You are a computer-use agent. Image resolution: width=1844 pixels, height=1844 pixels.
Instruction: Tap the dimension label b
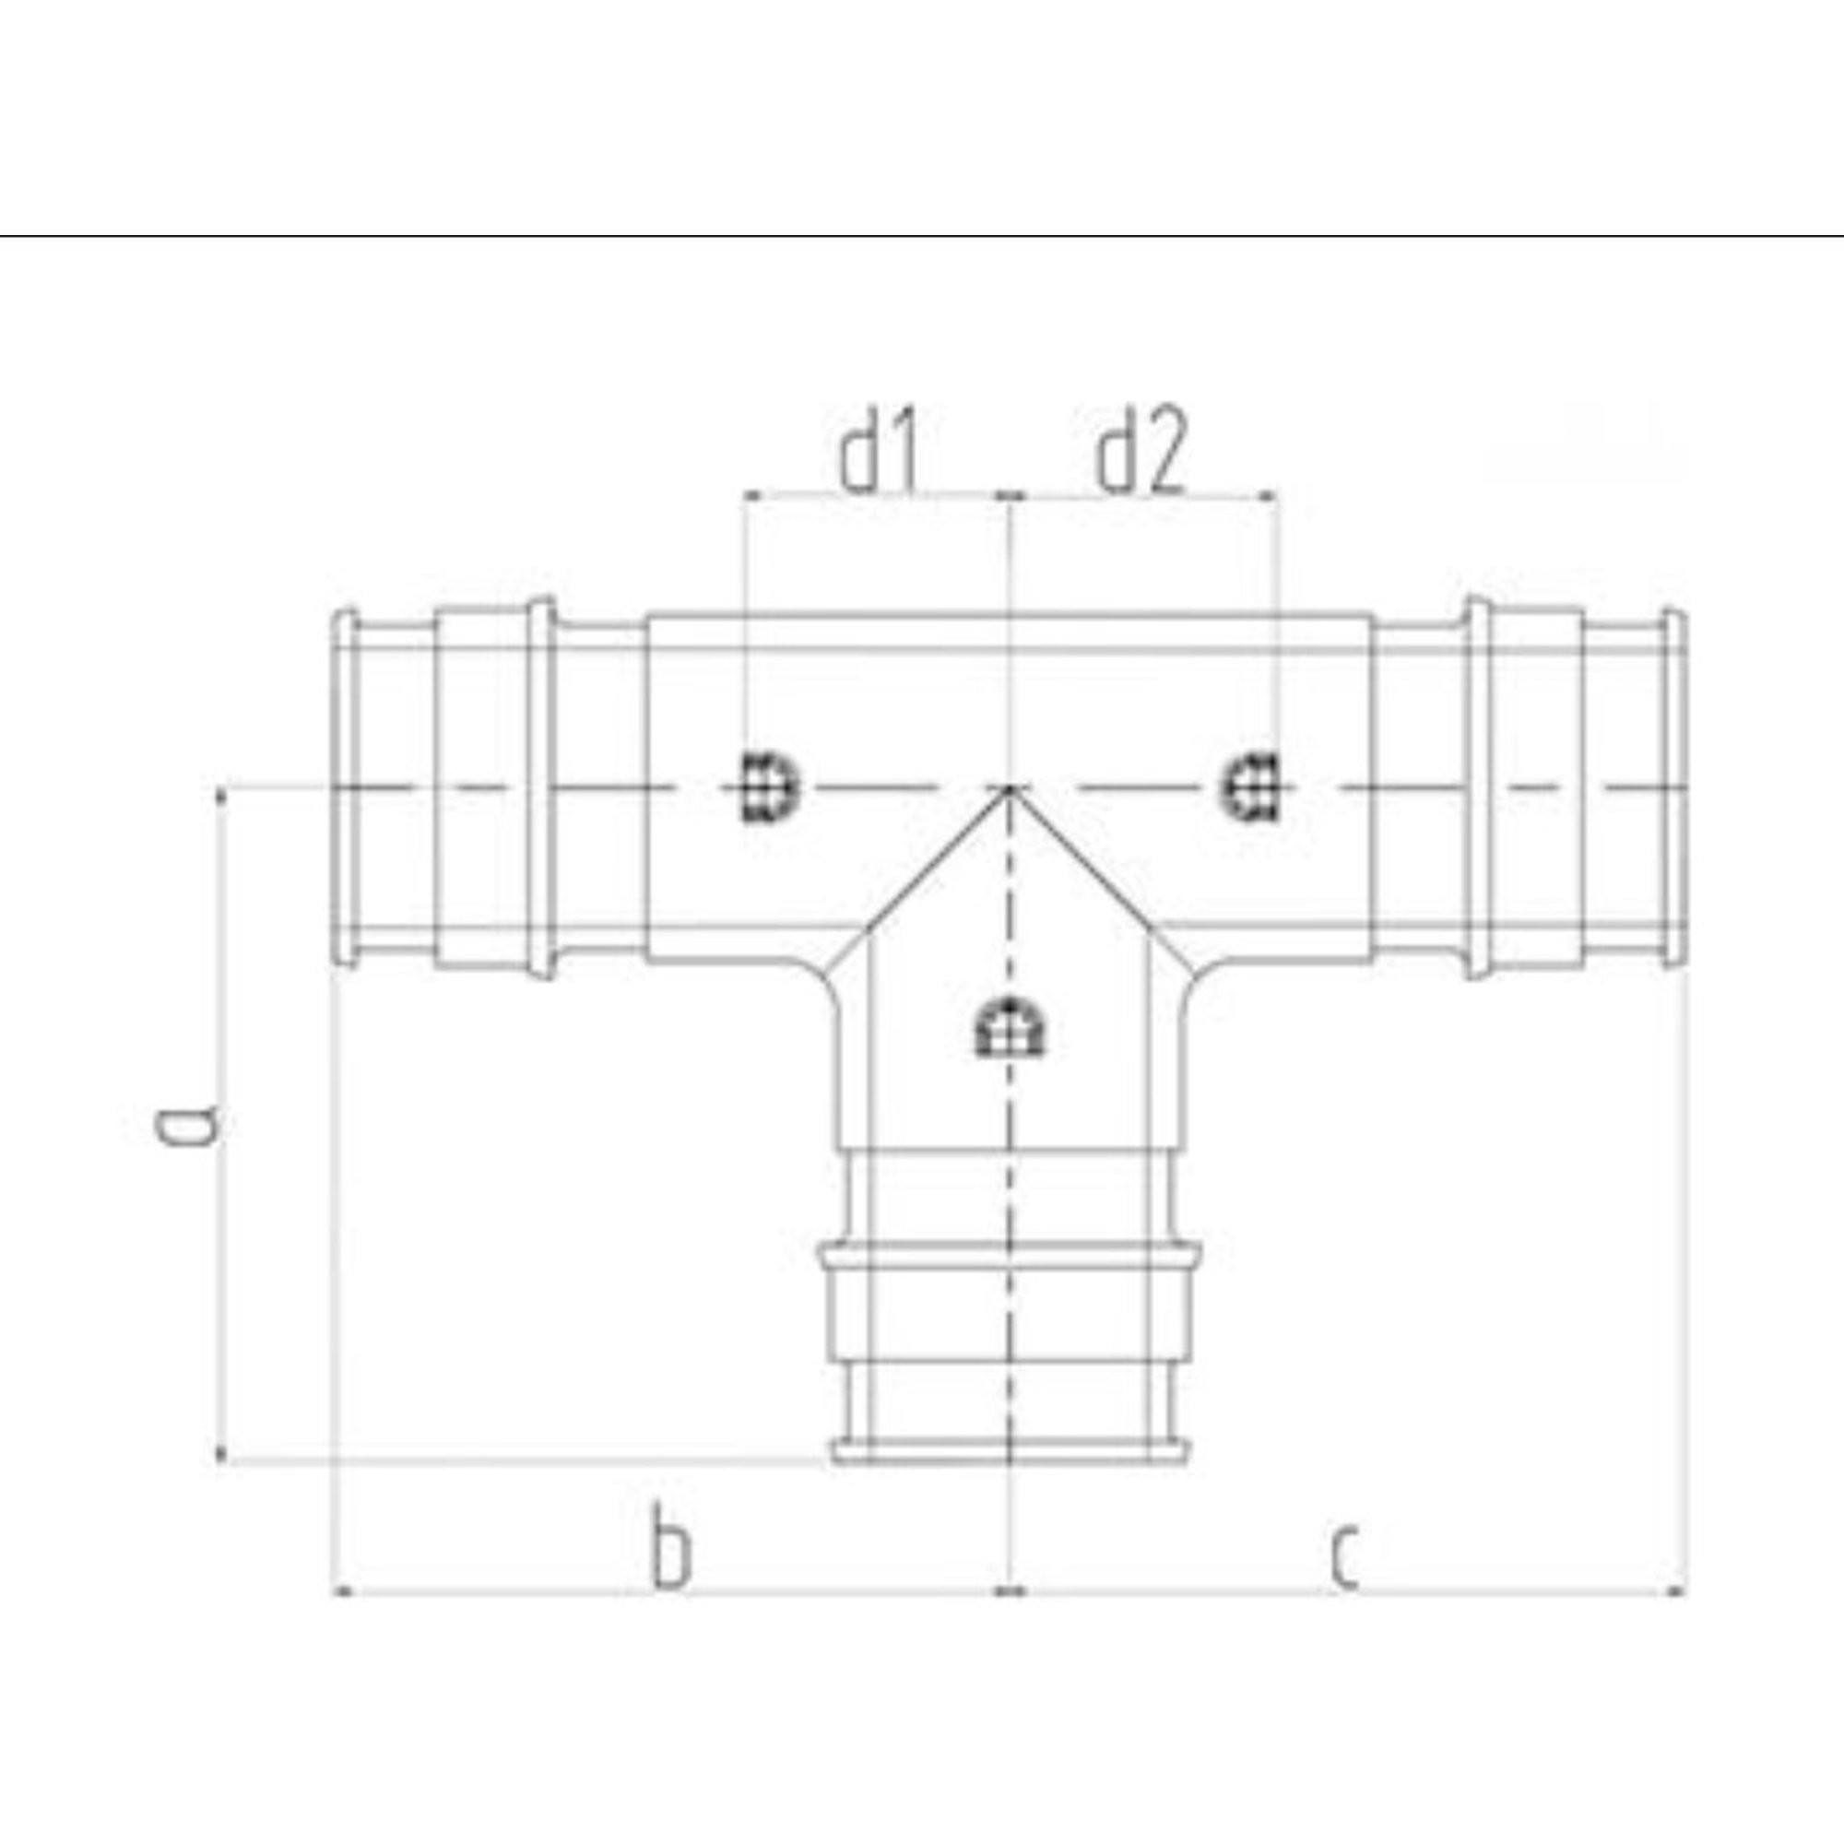(x=670, y=1557)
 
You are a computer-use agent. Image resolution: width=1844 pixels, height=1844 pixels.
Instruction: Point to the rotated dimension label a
(x=188, y=1124)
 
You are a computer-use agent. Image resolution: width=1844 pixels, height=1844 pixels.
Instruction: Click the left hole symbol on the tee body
(x=768, y=787)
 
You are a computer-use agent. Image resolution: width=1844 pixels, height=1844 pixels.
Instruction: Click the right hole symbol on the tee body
(x=1251, y=787)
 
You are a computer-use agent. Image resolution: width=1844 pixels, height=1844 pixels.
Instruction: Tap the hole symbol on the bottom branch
(x=1011, y=1028)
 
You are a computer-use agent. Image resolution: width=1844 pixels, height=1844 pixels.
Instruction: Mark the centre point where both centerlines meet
(x=1011, y=787)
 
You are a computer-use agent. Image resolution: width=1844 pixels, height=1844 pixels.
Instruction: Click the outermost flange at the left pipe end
(x=346, y=788)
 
